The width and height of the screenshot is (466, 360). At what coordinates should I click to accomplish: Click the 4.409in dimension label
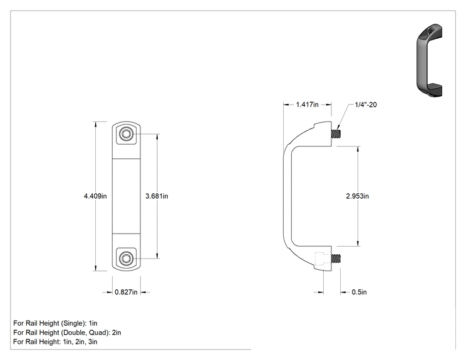[x=95, y=196]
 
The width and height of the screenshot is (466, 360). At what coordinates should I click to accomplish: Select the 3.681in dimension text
[x=157, y=196]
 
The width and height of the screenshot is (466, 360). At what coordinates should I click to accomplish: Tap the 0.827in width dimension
[x=126, y=292]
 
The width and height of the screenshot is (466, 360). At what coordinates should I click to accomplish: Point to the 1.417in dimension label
[x=308, y=105]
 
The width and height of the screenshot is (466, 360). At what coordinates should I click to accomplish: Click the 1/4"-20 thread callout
[x=366, y=105]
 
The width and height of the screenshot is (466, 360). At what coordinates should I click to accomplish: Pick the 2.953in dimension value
[x=358, y=196]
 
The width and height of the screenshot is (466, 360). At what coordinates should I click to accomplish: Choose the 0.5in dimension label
[x=359, y=292]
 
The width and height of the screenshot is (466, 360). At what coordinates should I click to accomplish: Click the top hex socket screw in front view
[x=126, y=134]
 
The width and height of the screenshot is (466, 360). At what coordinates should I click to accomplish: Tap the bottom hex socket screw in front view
[x=126, y=259]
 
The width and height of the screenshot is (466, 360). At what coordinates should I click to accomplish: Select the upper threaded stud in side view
[x=336, y=134]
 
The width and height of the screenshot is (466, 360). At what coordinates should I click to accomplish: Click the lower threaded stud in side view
[x=336, y=259]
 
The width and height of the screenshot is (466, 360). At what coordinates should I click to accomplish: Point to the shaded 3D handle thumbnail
[x=429, y=60]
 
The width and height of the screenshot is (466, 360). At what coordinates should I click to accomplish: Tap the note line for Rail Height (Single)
[x=55, y=323]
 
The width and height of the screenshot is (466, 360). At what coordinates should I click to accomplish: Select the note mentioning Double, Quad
[x=67, y=332]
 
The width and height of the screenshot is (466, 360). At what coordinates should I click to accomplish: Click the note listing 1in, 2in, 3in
[x=55, y=342]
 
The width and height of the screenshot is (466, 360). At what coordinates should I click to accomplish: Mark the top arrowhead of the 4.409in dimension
[x=95, y=122]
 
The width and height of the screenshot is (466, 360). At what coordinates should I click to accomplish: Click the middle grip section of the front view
[x=126, y=196]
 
